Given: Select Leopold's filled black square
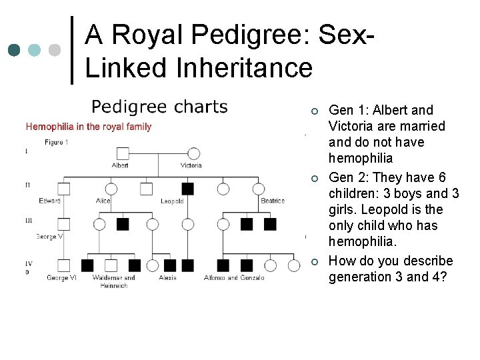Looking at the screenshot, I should tap(188, 189).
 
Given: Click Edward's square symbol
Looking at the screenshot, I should tap(64, 189).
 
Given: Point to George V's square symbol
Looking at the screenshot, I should tap(64, 224).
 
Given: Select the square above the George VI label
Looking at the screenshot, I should tap(64, 265).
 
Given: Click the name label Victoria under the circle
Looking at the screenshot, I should tap(191, 165).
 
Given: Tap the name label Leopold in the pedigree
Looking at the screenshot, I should tap(173, 201).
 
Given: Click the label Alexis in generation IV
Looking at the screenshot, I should tap(167, 277).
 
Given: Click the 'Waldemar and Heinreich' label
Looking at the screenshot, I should tap(113, 281).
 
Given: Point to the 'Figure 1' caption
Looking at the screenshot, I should tap(55, 141).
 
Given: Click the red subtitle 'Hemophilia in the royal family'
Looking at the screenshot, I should tap(88, 127).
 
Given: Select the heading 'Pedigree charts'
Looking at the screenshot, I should tap(159, 107).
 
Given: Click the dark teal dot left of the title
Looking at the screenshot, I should tap(14, 51).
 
